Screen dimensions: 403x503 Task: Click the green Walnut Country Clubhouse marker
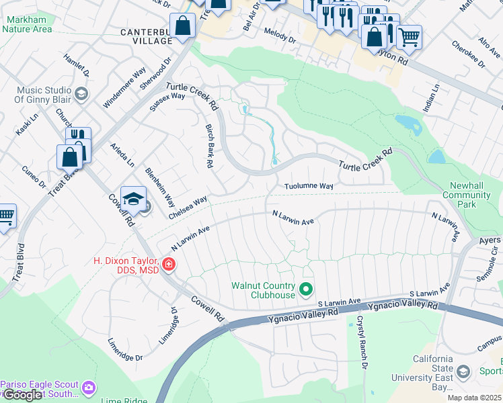click(307, 289)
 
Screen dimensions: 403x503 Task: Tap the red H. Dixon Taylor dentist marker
click(167, 265)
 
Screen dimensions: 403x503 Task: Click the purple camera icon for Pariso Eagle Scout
click(88, 388)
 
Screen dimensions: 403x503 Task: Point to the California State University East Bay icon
click(463, 371)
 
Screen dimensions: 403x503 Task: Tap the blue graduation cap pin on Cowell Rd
click(133, 199)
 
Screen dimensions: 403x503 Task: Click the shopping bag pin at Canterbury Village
click(183, 27)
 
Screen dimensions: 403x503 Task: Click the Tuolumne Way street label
click(309, 186)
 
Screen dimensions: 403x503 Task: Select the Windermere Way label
click(124, 88)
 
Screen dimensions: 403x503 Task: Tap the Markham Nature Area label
click(28, 24)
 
